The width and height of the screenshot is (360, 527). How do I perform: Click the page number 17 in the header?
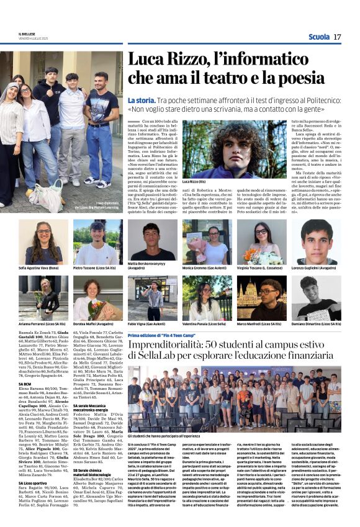coord(337,37)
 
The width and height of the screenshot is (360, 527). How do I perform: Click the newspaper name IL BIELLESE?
coord(27,34)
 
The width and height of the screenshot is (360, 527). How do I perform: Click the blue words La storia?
coord(141,100)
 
